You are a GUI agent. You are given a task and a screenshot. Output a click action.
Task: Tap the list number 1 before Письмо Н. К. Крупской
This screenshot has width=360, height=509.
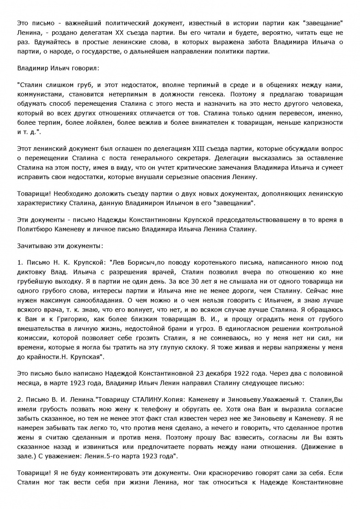18,263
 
